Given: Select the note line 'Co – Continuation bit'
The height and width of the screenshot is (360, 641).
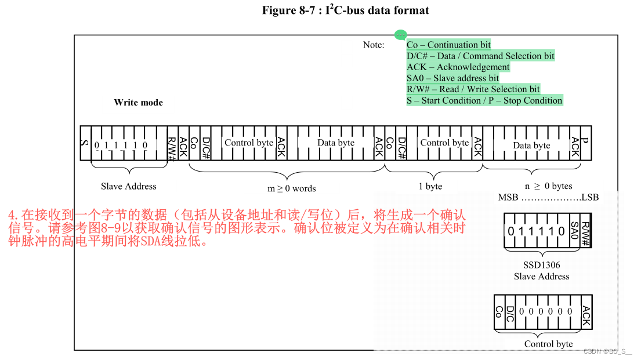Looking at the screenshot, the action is coord(448,45).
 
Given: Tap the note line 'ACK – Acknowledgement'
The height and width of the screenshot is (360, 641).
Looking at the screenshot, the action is coord(458,67).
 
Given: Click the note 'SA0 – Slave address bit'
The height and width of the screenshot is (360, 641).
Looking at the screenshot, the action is coord(452,78).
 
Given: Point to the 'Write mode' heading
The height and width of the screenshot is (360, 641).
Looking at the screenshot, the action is coord(138,103).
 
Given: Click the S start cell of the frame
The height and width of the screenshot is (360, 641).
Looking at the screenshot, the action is coord(85,143).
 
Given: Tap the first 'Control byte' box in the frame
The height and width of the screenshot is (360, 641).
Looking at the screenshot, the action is coord(248,143).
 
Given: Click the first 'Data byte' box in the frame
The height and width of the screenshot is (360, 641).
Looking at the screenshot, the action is coord(335,143).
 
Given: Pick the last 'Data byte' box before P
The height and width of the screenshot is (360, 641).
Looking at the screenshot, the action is coord(531,145).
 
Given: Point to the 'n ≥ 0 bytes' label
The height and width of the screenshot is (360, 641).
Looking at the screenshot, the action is coord(548,186).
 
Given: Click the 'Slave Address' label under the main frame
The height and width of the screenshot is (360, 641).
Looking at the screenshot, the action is coord(128,186).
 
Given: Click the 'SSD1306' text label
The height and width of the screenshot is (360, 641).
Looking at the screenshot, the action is coord(541,265).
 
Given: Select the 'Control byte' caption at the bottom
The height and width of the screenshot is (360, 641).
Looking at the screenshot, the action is coord(548,344).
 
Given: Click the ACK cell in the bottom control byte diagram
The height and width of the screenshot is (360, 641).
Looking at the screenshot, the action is coord(586,312).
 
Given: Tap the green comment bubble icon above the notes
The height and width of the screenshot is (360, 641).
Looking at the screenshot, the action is coord(400,35).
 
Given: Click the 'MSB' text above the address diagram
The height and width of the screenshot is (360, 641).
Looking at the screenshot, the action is coord(508,197).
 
